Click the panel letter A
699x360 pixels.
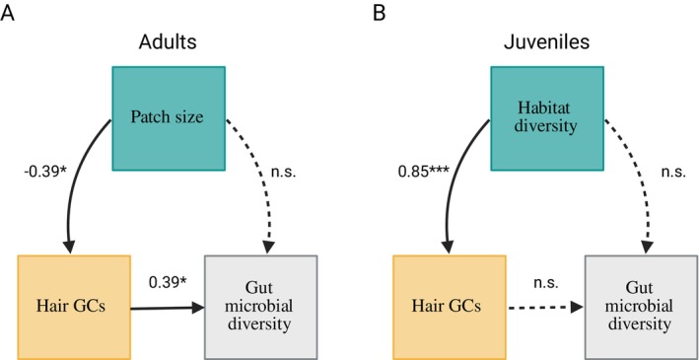(8, 14)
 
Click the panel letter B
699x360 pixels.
(379, 14)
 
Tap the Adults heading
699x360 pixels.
(168, 42)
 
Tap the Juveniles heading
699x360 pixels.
(546, 42)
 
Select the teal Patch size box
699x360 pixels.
(169, 118)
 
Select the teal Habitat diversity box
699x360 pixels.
(547, 118)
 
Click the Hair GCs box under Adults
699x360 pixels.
(74, 308)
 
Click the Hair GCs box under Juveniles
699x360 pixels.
(450, 308)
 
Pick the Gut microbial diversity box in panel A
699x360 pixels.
(261, 308)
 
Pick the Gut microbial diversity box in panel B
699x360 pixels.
(641, 308)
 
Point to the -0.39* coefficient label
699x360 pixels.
(44, 171)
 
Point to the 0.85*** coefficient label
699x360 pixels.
(424, 171)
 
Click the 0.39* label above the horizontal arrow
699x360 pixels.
(168, 282)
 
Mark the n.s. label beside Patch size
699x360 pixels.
(284, 172)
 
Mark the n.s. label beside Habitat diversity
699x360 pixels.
(673, 172)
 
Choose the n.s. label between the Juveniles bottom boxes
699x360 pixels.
(545, 282)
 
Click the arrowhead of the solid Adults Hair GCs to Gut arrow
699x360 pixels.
(198, 308)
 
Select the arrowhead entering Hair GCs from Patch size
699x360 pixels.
(69, 247)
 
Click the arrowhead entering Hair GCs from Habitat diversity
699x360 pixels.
(448, 247)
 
